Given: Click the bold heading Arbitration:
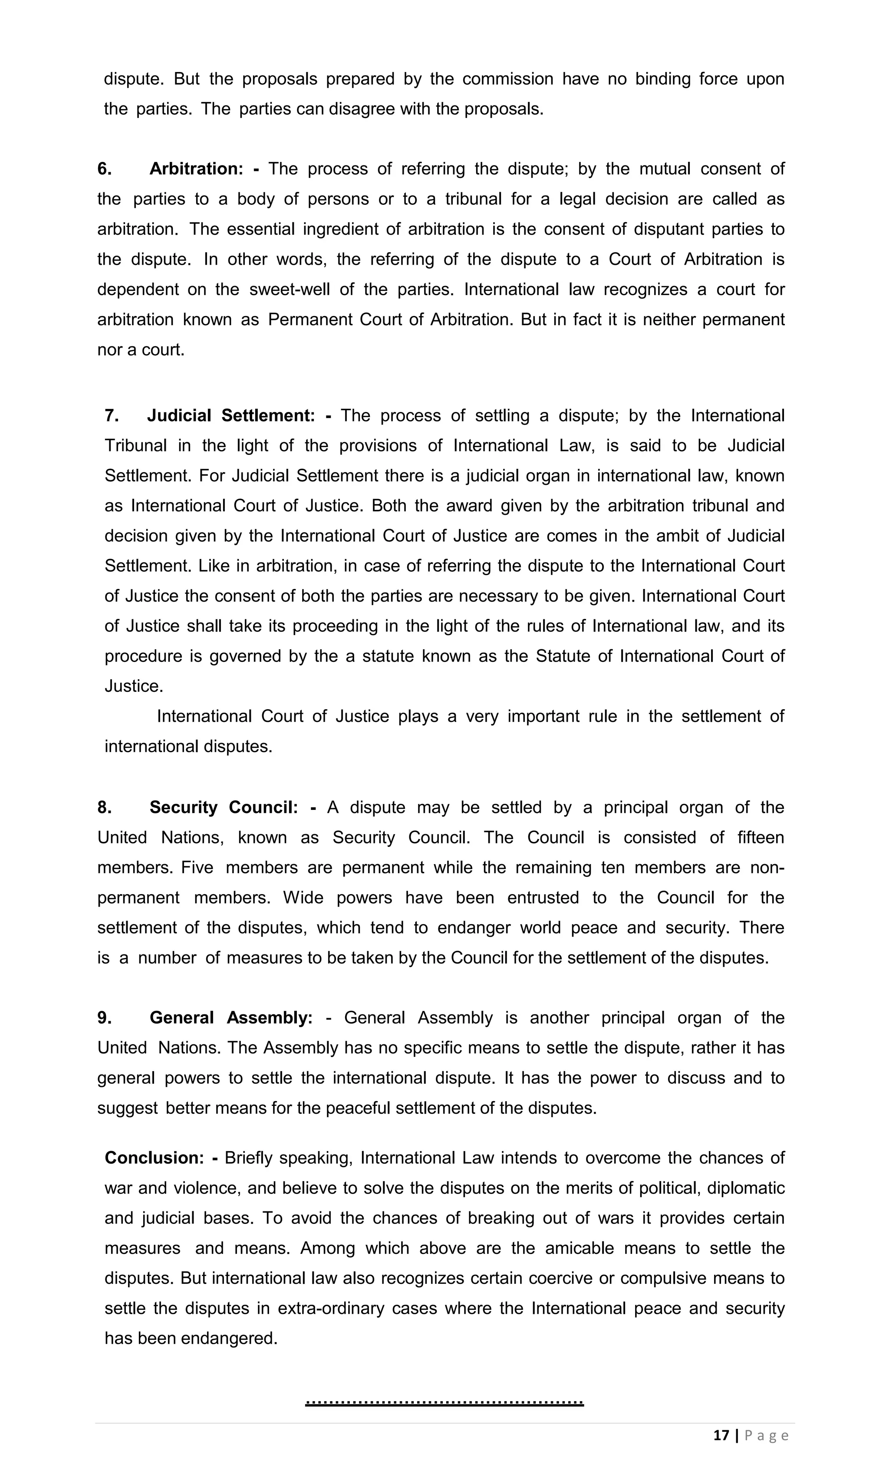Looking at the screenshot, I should (196, 169).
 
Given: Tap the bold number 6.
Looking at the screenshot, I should (105, 169).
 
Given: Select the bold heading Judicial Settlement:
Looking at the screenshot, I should (230, 416).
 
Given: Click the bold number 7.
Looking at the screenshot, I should (111, 416).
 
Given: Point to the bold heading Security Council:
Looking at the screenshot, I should (224, 807).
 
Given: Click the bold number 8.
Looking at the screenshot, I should (105, 807).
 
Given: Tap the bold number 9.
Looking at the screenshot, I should (105, 1018).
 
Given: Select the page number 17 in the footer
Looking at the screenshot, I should (721, 1435).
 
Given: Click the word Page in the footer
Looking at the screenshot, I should (767, 1435).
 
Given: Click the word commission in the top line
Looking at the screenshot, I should (507, 79).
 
